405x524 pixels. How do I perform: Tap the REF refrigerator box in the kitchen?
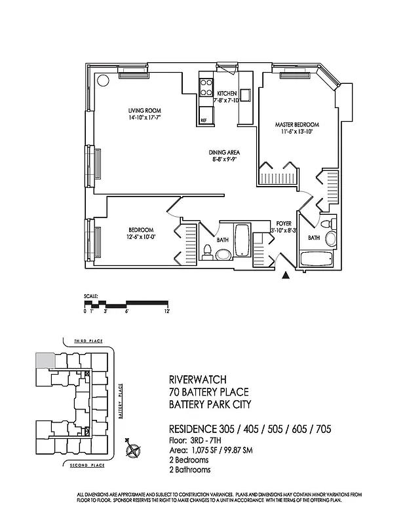click(204, 120)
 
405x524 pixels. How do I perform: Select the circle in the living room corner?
click(103, 81)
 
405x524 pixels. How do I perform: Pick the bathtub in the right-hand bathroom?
click(315, 259)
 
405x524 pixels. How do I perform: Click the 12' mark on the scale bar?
click(167, 310)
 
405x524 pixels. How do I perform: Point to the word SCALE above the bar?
click(90, 297)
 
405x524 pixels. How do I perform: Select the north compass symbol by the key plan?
click(134, 450)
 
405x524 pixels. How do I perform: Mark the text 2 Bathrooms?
click(190, 470)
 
